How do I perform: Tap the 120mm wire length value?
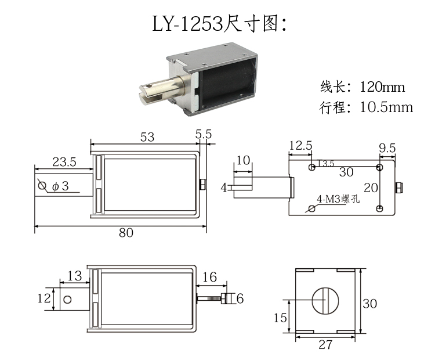382,88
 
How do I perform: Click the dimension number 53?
148,136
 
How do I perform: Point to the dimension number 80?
125,232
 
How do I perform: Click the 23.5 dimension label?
64,163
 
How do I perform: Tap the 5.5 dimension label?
204,134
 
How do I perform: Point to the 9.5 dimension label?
387,148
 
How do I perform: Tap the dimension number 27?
325,344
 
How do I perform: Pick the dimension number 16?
209,278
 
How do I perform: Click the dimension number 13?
74,276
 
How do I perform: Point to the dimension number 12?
44,298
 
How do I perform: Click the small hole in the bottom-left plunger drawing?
68,300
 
